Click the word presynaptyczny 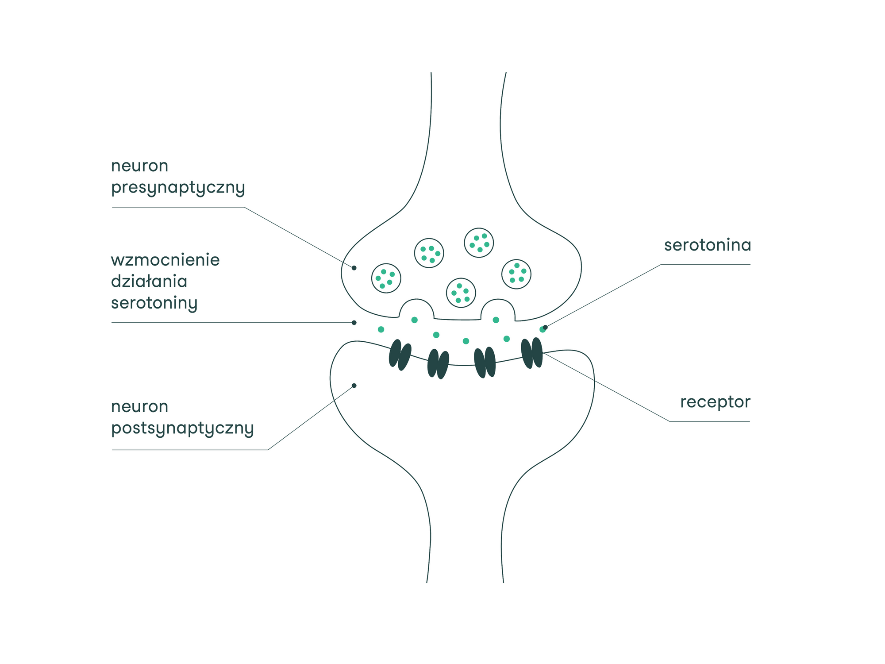click(x=178, y=188)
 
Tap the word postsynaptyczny click(x=182, y=428)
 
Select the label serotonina click(x=707, y=245)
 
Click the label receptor click(x=715, y=402)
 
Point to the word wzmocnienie click(x=165, y=260)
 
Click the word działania click(x=149, y=282)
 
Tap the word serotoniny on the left click(x=154, y=303)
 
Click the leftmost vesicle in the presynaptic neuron click(x=386, y=278)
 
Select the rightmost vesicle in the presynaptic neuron click(x=516, y=274)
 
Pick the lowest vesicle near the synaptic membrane click(x=461, y=293)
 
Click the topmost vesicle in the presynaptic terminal click(x=479, y=243)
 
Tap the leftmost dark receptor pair click(x=400, y=355)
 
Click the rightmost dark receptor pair click(x=531, y=353)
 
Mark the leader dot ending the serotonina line click(x=545, y=328)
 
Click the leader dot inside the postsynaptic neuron click(x=354, y=386)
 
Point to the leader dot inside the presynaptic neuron click(x=354, y=268)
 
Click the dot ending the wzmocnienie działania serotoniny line click(x=354, y=323)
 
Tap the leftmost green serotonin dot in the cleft click(x=381, y=329)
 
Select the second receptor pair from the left click(x=438, y=364)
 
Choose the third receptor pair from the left click(x=485, y=363)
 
